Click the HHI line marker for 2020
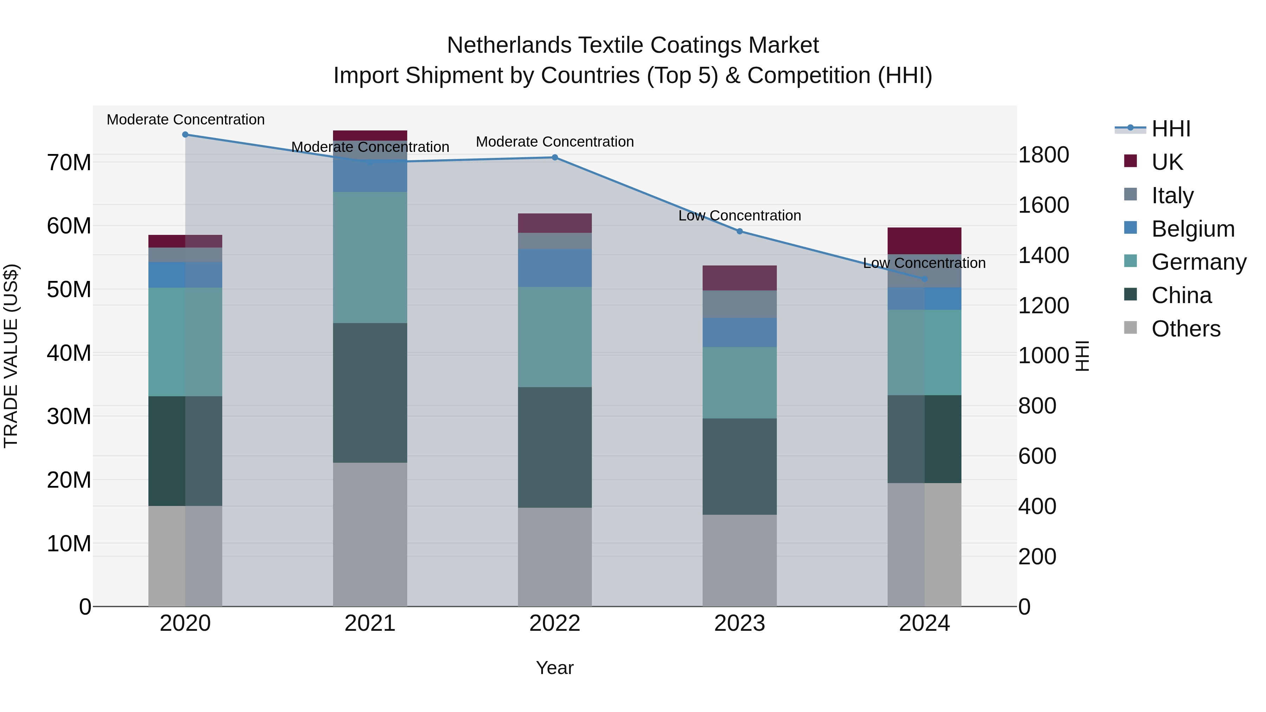185,135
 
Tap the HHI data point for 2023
740,231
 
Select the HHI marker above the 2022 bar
555,157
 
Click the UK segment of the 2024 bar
925,241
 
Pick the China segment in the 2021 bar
370,393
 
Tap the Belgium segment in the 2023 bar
740,332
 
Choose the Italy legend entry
1172,195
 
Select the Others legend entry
1185,328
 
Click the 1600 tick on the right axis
1043,205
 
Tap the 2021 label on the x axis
370,623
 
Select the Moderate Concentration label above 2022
555,141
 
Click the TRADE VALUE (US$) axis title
11,356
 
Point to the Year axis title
555,668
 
